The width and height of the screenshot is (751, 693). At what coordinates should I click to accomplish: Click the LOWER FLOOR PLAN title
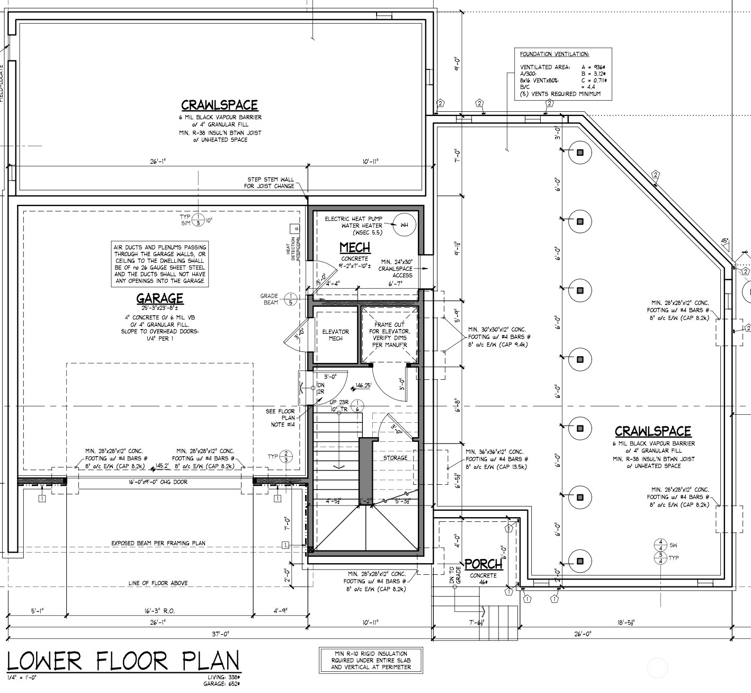(x=123, y=661)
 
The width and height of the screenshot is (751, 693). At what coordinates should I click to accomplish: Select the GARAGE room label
(x=159, y=299)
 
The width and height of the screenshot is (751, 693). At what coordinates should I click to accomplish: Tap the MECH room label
(x=354, y=247)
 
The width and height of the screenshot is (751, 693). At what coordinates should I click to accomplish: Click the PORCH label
(x=483, y=565)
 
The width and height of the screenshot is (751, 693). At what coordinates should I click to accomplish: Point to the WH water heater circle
(x=404, y=225)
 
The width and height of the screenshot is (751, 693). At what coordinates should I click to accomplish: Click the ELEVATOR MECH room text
(x=335, y=335)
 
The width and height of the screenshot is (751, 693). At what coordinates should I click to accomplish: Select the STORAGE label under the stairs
(x=395, y=458)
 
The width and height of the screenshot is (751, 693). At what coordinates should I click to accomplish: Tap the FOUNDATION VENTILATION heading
(x=555, y=54)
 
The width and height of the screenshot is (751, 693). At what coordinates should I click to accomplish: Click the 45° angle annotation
(x=725, y=241)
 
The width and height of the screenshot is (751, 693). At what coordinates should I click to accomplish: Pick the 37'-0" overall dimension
(x=219, y=633)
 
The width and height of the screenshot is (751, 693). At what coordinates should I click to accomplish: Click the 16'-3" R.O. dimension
(x=159, y=611)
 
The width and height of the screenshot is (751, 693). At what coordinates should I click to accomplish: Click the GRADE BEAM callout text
(x=269, y=299)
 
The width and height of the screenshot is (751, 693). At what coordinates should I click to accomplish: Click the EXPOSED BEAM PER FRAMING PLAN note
(x=158, y=543)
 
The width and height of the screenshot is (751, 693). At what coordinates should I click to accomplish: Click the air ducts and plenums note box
(x=159, y=264)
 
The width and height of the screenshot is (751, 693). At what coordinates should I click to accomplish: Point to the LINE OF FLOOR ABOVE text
(x=158, y=583)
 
